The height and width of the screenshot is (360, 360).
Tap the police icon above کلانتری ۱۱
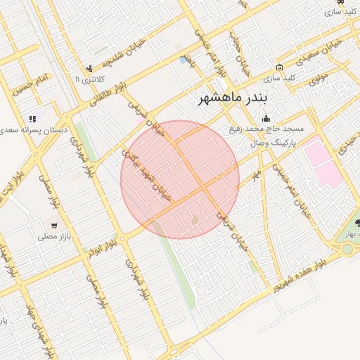coord(89,68)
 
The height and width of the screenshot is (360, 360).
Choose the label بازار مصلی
coord(52,237)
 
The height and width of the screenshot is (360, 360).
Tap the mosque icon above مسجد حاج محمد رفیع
coord(266,118)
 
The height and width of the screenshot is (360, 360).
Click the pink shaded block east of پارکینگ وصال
coord(323,162)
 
